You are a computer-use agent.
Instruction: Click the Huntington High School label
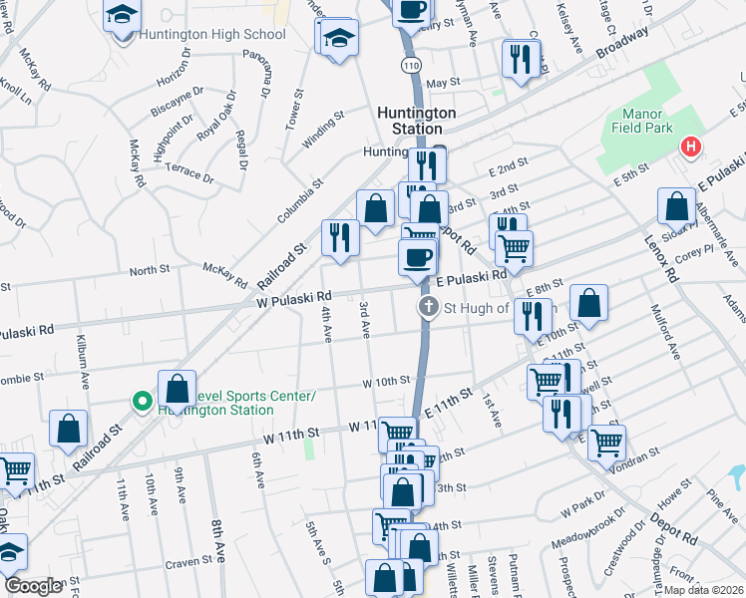click(x=212, y=35)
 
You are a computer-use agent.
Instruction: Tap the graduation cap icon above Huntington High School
click(x=123, y=16)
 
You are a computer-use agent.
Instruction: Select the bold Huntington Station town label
click(x=417, y=121)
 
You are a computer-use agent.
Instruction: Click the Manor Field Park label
click(x=647, y=121)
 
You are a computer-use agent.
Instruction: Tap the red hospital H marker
click(x=689, y=148)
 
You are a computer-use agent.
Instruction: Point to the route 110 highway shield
click(x=412, y=65)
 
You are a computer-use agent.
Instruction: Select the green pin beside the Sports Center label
click(x=143, y=402)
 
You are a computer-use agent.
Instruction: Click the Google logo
click(x=33, y=586)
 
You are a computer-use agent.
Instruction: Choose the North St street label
click(x=150, y=270)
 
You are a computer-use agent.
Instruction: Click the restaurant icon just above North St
click(x=340, y=237)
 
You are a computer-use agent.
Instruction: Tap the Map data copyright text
click(x=703, y=590)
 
